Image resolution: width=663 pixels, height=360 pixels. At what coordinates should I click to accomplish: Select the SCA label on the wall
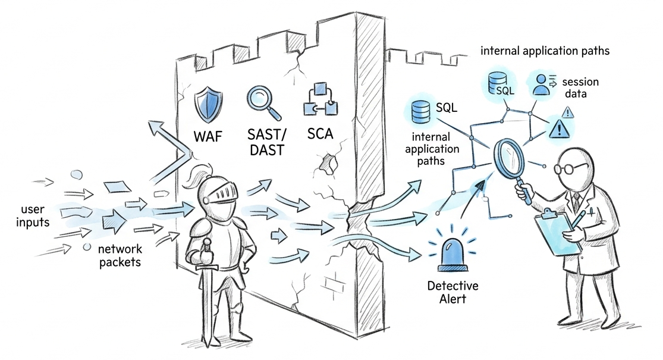[320, 134]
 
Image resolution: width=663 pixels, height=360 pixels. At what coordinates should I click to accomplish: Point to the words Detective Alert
[453, 292]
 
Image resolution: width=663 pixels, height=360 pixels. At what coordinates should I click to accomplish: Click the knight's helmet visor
[221, 192]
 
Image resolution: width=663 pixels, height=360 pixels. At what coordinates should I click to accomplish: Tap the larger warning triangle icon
[559, 128]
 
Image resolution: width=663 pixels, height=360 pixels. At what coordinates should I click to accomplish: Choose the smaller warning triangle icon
[567, 111]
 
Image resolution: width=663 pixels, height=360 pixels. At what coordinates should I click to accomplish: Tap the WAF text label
[208, 136]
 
